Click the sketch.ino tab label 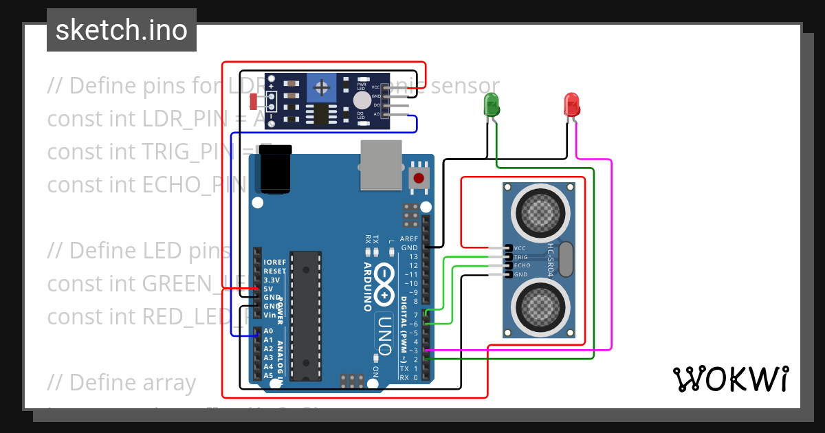click(x=122, y=30)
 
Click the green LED click(x=492, y=104)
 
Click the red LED click(x=572, y=104)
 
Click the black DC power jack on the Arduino click(x=273, y=169)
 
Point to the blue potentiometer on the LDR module click(x=321, y=87)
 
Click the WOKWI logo click(x=730, y=379)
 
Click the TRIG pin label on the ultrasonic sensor click(x=521, y=257)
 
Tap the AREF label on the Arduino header click(x=409, y=239)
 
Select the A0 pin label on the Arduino click(x=268, y=331)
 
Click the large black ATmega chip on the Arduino click(x=306, y=315)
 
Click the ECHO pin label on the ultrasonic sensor click(x=522, y=265)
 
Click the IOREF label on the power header click(x=274, y=263)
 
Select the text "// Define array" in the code click(x=122, y=383)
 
